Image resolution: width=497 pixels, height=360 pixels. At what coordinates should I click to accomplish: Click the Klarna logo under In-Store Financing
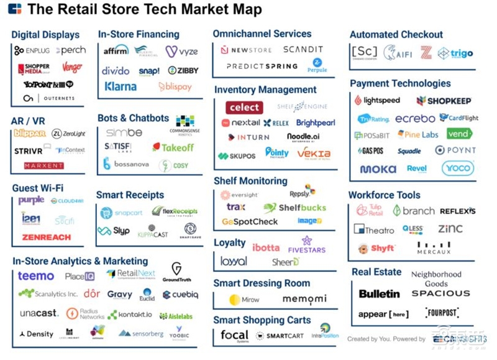point(121,86)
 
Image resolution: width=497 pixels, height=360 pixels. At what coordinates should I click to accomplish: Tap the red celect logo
point(244,107)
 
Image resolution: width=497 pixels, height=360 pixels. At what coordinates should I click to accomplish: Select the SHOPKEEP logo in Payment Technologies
point(444,101)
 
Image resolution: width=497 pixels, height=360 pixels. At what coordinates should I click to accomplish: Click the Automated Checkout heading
point(396,35)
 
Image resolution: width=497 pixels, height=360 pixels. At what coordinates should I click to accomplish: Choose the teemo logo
point(35,275)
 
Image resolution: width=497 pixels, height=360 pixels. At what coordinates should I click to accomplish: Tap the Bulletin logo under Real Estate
point(379,293)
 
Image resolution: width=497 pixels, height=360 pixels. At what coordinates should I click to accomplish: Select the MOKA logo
point(378,169)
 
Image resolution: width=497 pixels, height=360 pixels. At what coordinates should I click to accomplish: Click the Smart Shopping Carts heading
point(262,320)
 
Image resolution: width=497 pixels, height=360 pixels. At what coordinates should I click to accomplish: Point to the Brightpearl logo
point(316,123)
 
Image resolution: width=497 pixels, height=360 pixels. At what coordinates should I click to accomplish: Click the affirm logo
point(116,50)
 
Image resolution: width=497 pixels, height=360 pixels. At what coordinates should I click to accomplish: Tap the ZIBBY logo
point(183,70)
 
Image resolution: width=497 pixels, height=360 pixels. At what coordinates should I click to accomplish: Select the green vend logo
point(459,134)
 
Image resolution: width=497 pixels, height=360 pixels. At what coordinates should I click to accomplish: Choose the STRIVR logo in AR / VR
point(29,150)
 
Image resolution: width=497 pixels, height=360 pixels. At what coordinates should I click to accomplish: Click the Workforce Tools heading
point(384,195)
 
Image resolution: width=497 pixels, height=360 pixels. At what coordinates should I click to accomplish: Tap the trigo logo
point(455,53)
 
